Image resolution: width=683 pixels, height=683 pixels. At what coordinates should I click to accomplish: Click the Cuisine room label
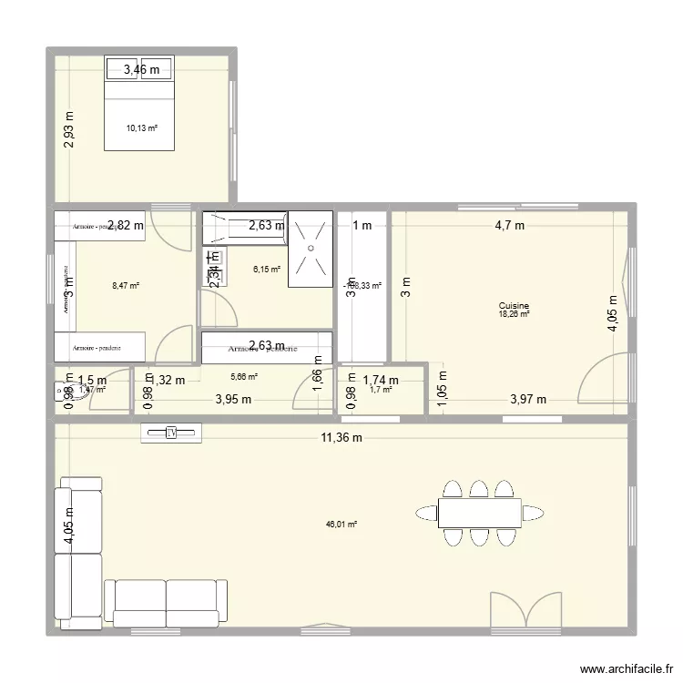pyautogui.click(x=514, y=307)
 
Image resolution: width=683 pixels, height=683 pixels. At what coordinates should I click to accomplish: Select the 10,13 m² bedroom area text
pyautogui.click(x=142, y=128)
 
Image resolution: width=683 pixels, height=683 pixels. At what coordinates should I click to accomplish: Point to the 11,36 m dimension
pyautogui.click(x=341, y=438)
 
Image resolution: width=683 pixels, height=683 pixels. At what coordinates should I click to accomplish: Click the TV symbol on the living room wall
pyautogui.click(x=171, y=433)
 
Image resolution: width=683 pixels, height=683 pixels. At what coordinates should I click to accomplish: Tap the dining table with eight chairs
pyautogui.click(x=479, y=513)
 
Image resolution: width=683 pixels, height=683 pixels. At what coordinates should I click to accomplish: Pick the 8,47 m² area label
pyautogui.click(x=125, y=286)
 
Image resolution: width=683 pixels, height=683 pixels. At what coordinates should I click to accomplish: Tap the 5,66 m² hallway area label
pyautogui.click(x=244, y=376)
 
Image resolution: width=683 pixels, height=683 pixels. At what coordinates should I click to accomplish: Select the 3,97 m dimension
pyautogui.click(x=528, y=399)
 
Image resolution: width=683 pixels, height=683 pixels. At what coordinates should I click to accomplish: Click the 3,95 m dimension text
pyautogui.click(x=234, y=399)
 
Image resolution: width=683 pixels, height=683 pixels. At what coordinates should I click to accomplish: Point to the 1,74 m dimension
pyautogui.click(x=380, y=381)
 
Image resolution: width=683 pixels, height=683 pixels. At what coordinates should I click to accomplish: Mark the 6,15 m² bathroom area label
pyautogui.click(x=267, y=270)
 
